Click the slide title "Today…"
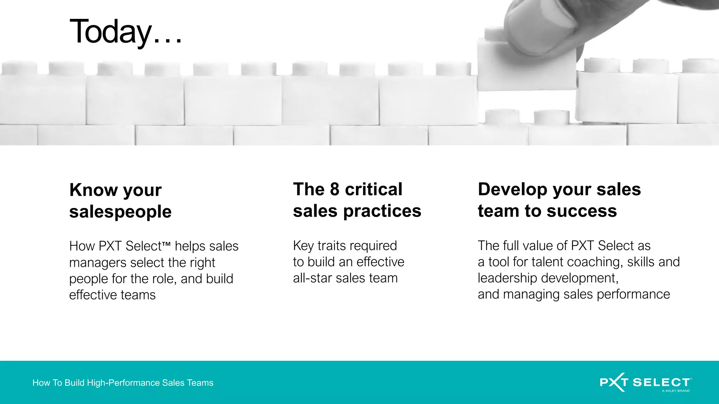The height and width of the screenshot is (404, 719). pyautogui.click(x=126, y=32)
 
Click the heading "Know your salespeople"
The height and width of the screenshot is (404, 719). pyautogui.click(x=120, y=201)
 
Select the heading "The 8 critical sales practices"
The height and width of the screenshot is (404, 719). pyautogui.click(x=357, y=200)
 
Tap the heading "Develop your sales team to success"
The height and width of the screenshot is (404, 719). pyautogui.click(x=559, y=200)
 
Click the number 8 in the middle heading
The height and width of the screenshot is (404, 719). pyautogui.click(x=335, y=189)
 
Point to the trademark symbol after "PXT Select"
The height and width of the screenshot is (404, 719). pyautogui.click(x=166, y=243)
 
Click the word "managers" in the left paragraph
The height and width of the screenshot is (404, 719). pyautogui.click(x=98, y=263)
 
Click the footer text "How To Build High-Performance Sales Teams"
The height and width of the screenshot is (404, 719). pyautogui.click(x=123, y=383)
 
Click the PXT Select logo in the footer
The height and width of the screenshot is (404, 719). pyautogui.click(x=645, y=382)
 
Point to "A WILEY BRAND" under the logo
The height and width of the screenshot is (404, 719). pyautogui.click(x=675, y=391)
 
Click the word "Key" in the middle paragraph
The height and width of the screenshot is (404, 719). pyautogui.click(x=303, y=246)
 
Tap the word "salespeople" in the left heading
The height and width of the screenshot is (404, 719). pyautogui.click(x=120, y=212)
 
